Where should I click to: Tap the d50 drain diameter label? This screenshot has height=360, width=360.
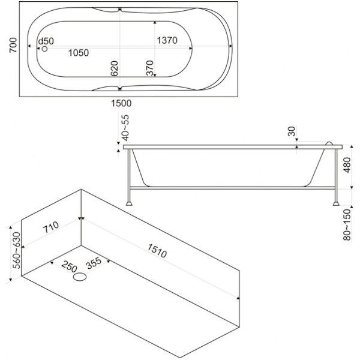[x=46, y=41]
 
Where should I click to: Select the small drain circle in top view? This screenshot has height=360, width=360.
[x=44, y=49]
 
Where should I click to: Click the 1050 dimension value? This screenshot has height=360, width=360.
[x=78, y=53]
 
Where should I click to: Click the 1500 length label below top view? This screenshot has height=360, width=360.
[x=122, y=103]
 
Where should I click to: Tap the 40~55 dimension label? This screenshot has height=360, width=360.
[x=125, y=128]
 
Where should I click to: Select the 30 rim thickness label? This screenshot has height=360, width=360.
[x=290, y=131]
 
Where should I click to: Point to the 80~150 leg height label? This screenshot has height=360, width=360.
[x=347, y=223]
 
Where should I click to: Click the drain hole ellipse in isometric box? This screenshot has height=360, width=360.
[x=80, y=278]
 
